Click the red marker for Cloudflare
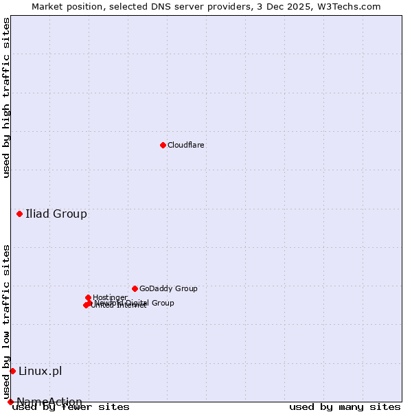click(x=163, y=145)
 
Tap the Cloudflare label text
click(x=186, y=145)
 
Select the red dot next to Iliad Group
click(x=20, y=214)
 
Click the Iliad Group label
click(x=56, y=214)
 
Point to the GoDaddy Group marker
click(x=135, y=288)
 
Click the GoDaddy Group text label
click(x=168, y=288)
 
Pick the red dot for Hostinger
click(x=89, y=297)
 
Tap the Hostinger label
click(x=110, y=297)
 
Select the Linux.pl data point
click(x=12, y=371)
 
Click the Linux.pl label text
click(x=40, y=371)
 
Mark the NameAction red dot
click(x=10, y=402)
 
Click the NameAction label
click(x=49, y=402)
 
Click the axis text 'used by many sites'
click(x=345, y=407)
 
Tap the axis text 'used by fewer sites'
click(x=71, y=407)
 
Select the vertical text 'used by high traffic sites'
click(x=7, y=98)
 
